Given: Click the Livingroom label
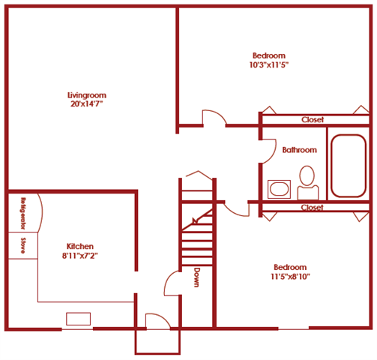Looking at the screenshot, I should pos(85,95).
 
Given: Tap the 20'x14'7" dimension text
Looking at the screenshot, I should pos(85,104).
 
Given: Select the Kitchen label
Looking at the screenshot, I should pos(80,247).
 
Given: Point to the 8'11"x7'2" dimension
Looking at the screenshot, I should pos(81,256).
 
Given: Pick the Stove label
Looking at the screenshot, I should pos(24,245).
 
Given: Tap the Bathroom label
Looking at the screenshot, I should pos(299,150).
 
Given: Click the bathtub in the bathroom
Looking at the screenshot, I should pos(349,165).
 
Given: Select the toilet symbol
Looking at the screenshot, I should pos(307,180).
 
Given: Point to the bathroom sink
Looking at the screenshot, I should pos(280,187).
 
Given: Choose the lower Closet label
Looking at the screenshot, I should pos(312,208).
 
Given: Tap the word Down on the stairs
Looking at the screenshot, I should pos(196,277).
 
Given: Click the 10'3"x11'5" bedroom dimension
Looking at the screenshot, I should pos(268,65).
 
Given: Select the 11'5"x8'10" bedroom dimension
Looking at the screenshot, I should pos(289,277).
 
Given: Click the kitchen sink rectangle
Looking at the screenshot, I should pos(78,319).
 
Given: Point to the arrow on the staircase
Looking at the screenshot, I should pos(197,220).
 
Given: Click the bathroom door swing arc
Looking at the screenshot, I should pos(268,151).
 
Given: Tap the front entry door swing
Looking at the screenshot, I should pos(157,321).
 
